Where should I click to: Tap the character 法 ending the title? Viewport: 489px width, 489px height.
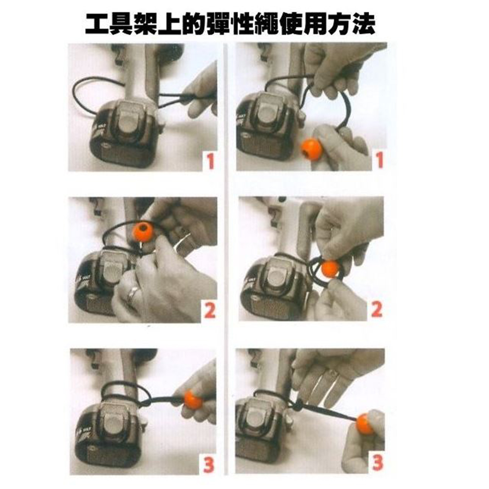click(x=364, y=24)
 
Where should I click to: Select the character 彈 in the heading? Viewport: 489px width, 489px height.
click(x=218, y=24)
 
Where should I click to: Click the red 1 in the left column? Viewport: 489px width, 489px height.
click(x=210, y=162)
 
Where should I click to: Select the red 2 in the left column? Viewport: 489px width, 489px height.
click(x=210, y=311)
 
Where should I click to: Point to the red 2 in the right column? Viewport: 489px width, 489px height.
click(x=377, y=309)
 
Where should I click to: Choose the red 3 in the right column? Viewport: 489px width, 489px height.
click(x=378, y=463)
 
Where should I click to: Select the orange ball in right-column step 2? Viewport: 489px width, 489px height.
click(x=330, y=269)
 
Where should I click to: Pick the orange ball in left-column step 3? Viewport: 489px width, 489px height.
click(x=193, y=400)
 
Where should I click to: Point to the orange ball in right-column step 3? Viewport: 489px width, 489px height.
click(x=365, y=424)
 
